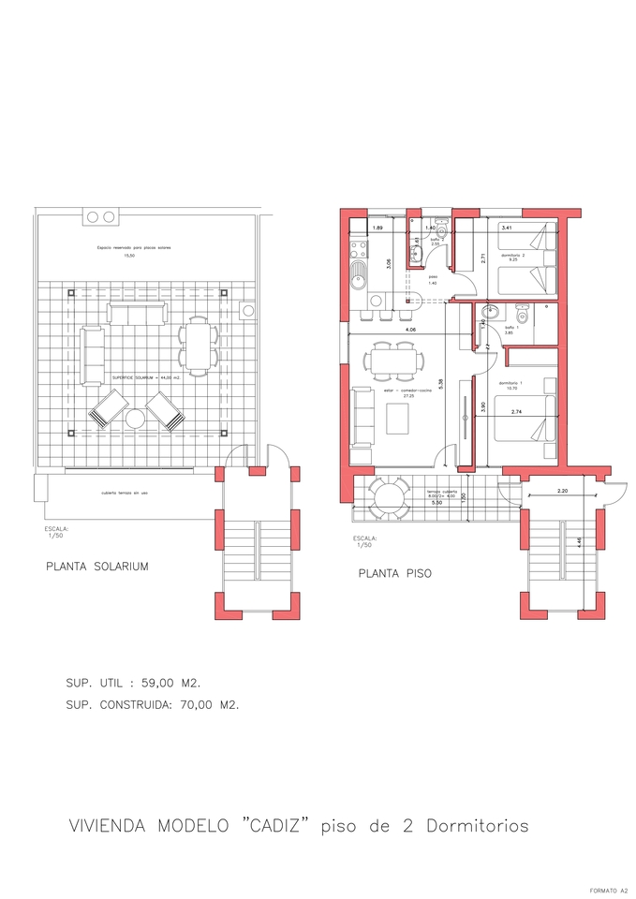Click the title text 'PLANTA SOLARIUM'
coord(97,567)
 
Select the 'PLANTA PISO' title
coord(394,574)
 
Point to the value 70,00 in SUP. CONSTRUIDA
coord(194,705)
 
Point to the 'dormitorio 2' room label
coord(512,256)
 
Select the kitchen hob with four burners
coord(357,250)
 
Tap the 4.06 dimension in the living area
coord(410,330)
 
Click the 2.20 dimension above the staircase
coord(562,491)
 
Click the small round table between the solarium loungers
coord(136,420)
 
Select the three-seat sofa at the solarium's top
coord(136,312)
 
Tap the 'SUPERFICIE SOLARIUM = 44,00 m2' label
coord(147,376)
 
